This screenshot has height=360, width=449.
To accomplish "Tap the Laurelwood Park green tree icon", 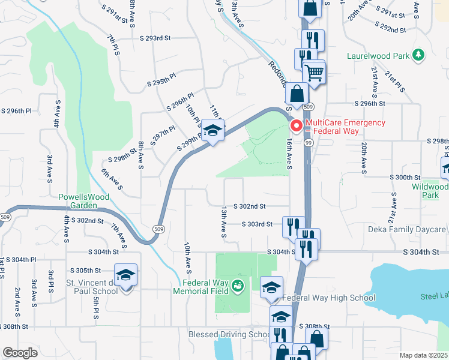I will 418,56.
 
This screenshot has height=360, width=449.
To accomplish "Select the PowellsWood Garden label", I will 77,200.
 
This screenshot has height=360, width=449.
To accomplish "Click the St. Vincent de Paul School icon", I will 125,275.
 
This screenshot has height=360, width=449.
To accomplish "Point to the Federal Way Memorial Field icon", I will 238,286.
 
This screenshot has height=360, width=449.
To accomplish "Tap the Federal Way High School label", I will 328,298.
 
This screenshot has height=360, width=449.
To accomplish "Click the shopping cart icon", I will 314,73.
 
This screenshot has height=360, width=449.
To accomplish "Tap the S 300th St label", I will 405,178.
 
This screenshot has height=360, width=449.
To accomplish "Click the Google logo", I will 20,353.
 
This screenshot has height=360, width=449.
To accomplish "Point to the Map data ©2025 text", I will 423,355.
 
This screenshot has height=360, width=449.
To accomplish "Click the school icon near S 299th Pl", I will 212,130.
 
